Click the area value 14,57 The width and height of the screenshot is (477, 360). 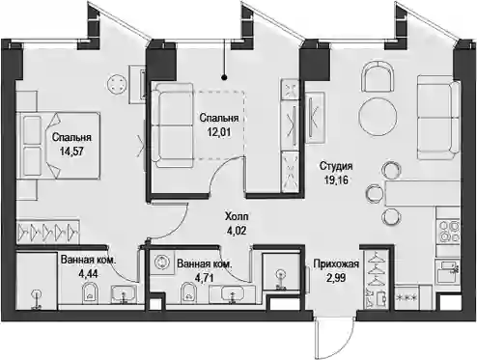point(71,152)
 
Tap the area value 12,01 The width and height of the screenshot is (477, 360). point(219,131)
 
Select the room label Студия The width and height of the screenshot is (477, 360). point(336,166)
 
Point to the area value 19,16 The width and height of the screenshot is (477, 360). point(336,180)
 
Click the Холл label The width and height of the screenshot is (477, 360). point(237,216)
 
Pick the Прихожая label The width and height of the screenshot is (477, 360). point(336,264)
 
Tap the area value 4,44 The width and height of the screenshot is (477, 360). point(88,274)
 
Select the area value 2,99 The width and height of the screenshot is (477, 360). point(336,278)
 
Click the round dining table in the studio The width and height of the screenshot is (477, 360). point(378,117)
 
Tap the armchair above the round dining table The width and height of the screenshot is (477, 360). point(378,77)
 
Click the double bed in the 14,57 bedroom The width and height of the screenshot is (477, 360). point(59,145)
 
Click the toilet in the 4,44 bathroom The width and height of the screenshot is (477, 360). point(92,292)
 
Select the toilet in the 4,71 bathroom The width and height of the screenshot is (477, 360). point(189,292)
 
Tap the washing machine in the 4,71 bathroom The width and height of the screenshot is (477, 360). point(162,263)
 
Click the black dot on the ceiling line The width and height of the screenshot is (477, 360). point(225,77)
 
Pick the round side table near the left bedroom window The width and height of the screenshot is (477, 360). point(117,84)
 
